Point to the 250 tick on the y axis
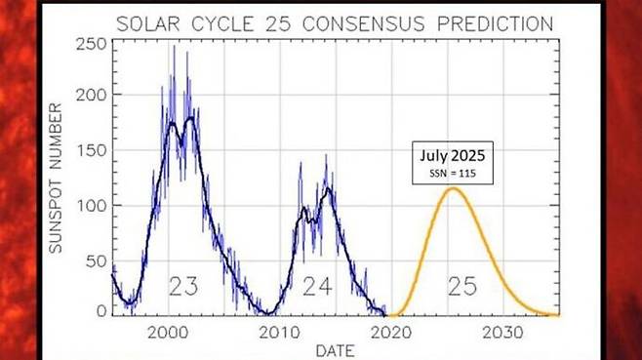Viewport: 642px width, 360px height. (94, 43)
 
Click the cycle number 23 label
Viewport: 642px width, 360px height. (185, 287)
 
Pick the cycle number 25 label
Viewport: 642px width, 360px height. (462, 287)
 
